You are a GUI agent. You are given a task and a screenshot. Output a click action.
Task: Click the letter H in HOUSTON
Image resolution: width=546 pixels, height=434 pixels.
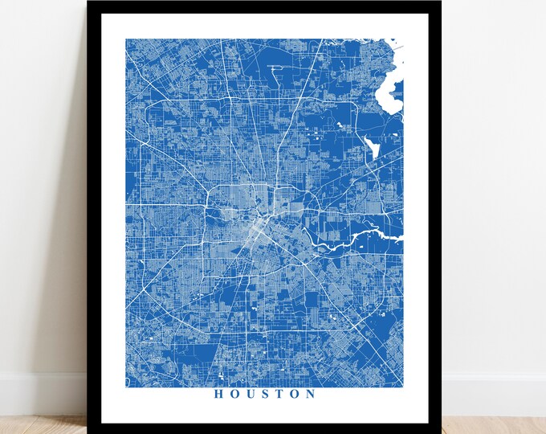click(218, 394)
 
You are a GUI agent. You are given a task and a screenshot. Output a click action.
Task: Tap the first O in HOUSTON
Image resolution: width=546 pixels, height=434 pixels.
click(234, 394)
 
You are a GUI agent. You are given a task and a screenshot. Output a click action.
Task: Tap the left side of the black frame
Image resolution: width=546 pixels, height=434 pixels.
click(96, 217)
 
